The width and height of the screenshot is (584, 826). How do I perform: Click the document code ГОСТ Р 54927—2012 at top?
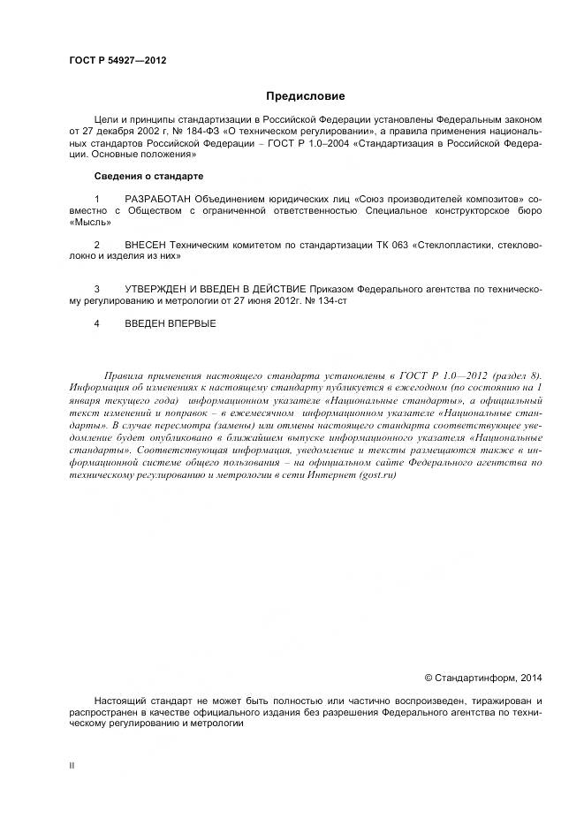pyautogui.click(x=118, y=60)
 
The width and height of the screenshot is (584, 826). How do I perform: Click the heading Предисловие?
pyautogui.click(x=306, y=95)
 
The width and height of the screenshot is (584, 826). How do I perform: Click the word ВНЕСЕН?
pyautogui.click(x=146, y=244)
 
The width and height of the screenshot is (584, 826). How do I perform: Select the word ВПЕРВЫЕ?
pyautogui.click(x=192, y=323)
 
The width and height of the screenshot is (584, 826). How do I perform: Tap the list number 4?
pyautogui.click(x=96, y=323)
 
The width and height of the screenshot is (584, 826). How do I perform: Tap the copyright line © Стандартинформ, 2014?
pyautogui.click(x=483, y=678)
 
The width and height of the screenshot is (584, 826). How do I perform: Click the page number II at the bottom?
pyautogui.click(x=72, y=765)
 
